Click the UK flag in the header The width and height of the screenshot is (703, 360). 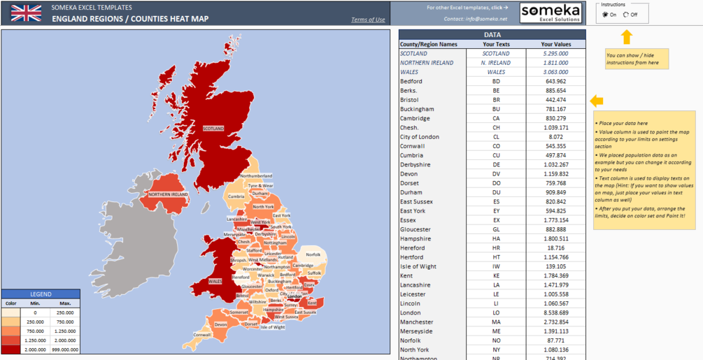click(26, 13)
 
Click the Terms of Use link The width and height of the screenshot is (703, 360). click(368, 20)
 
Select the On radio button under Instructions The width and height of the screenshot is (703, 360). click(605, 15)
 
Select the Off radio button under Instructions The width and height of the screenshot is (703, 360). click(626, 15)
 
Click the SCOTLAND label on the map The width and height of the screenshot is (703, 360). click(213, 129)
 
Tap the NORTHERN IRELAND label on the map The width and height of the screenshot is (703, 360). click(168, 194)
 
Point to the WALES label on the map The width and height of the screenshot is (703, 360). click(215, 282)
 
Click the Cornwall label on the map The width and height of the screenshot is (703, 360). click(202, 335)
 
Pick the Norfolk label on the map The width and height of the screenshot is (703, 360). click(313, 254)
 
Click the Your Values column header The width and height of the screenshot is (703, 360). click(556, 44)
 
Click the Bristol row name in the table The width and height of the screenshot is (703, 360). click(411, 100)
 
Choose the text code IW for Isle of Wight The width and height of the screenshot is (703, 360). click(496, 266)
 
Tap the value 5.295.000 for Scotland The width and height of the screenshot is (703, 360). click(556, 54)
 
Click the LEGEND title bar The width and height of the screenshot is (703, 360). click(41, 294)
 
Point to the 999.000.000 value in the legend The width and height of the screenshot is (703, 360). click(66, 349)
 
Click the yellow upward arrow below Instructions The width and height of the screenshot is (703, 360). click(626, 37)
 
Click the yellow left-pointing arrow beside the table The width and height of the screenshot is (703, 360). click(597, 101)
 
